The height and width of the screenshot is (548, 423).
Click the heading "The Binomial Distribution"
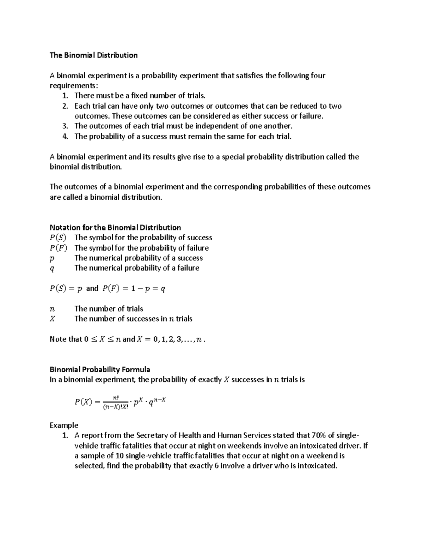tap(93, 55)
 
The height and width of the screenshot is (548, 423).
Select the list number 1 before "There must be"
tap(65, 96)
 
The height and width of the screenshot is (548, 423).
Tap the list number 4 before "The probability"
tap(65, 137)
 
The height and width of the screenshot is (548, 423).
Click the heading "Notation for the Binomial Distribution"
tap(115, 228)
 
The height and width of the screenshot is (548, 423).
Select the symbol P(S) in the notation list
tap(58, 238)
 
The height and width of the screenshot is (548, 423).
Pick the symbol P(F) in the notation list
tap(58, 248)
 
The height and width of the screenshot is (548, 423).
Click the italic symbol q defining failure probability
tap(52, 269)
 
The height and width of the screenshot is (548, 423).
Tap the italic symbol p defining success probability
tap(52, 259)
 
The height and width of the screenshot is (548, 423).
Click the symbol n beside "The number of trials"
tap(52, 309)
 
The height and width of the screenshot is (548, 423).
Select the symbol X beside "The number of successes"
tap(53, 319)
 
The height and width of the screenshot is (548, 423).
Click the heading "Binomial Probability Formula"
tap(100, 370)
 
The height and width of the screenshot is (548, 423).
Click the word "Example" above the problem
tap(64, 425)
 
